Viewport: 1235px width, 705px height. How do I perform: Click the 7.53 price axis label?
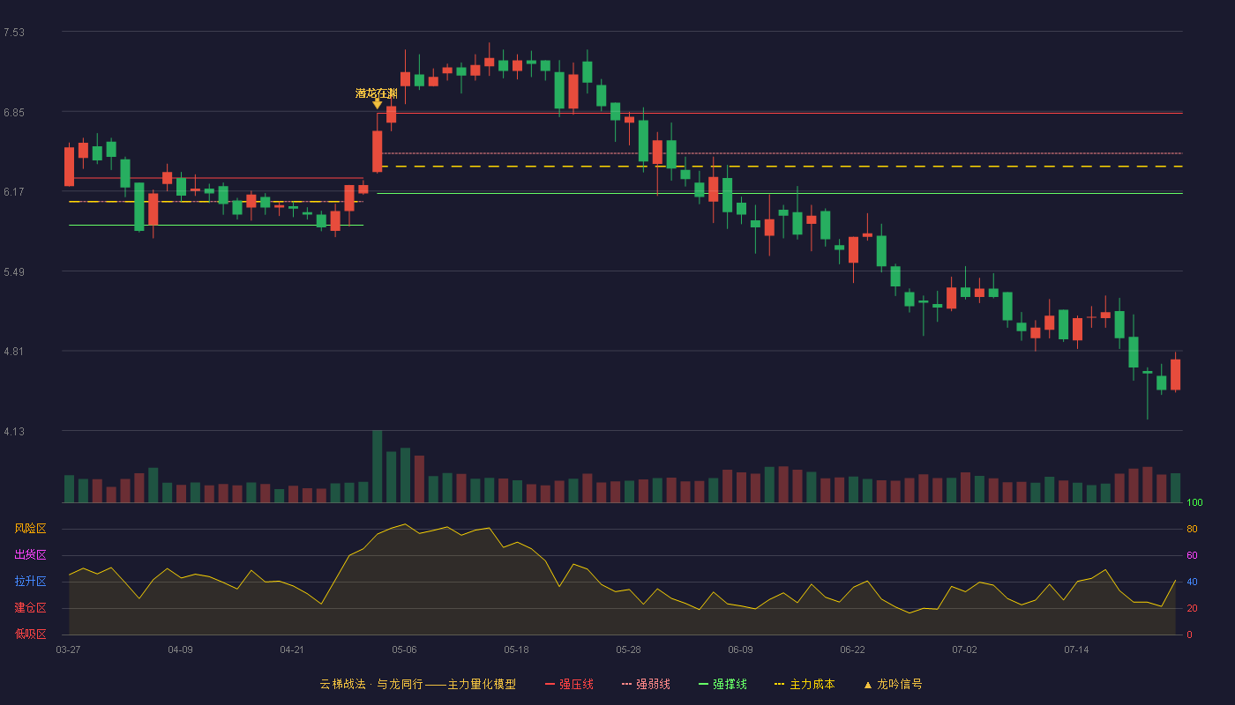[x=14, y=33]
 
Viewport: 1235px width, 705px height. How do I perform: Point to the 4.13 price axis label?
[x=14, y=432]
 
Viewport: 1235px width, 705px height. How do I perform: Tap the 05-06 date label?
[x=404, y=650]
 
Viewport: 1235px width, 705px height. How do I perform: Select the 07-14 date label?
[x=1076, y=650]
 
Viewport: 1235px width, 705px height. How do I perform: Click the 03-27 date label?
[x=69, y=650]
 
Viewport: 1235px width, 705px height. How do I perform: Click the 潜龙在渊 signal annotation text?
[x=376, y=93]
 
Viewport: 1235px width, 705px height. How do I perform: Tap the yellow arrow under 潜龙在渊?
[x=378, y=104]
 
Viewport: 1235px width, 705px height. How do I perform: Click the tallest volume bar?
[x=378, y=466]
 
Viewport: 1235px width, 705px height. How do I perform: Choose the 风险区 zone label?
[x=30, y=529]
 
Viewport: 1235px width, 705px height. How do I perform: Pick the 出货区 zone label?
[x=30, y=554]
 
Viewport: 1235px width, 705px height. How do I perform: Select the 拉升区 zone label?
[x=30, y=581]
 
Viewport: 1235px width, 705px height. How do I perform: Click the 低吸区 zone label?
[x=30, y=634]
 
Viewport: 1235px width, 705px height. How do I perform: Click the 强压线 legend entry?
[x=569, y=684]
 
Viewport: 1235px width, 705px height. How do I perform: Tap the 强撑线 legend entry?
[x=722, y=684]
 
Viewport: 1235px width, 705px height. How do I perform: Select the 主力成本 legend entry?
[x=805, y=684]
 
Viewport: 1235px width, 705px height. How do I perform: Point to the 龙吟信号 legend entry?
[x=893, y=684]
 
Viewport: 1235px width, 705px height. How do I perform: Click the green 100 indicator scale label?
[x=1194, y=502]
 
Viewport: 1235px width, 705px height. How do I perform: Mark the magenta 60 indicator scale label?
[x=1192, y=555]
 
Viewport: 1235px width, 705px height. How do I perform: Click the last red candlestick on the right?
[x=1175, y=375]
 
